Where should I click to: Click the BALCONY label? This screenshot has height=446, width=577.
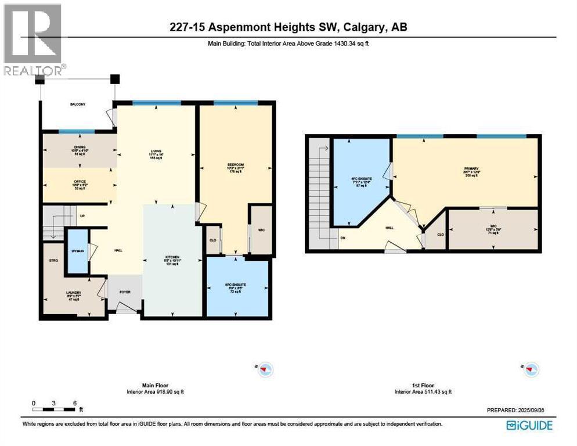pyautogui.click(x=78, y=104)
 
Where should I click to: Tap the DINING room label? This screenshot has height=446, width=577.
pyautogui.click(x=80, y=148)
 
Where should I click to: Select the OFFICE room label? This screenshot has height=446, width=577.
pyautogui.click(x=80, y=182)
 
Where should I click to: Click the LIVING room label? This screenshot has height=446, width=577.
pyautogui.click(x=155, y=150)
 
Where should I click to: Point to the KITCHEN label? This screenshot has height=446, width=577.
pyautogui.click(x=171, y=257)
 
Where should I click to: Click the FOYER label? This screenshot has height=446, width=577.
pyautogui.click(x=125, y=292)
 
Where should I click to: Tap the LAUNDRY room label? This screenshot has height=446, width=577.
pyautogui.click(x=73, y=293)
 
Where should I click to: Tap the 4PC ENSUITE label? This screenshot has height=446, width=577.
pyautogui.click(x=360, y=178)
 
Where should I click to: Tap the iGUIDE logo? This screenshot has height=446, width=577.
pyautogui.click(x=529, y=425)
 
